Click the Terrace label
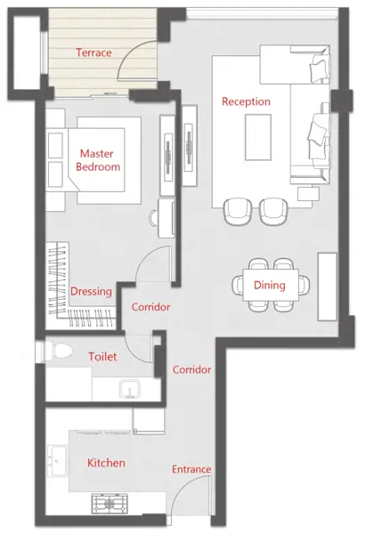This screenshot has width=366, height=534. (x=94, y=53)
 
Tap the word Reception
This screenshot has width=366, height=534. (x=246, y=101)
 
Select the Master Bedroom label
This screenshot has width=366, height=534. (x=98, y=160)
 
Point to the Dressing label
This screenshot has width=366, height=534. (x=91, y=292)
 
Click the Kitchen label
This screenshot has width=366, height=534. (x=106, y=463)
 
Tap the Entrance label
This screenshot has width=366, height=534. (x=191, y=469)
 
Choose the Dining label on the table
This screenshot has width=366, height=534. (x=270, y=285)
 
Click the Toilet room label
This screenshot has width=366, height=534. (x=102, y=357)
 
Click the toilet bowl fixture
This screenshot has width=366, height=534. (x=59, y=351)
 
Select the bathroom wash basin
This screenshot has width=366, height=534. (x=130, y=389)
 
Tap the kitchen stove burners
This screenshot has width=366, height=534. (x=110, y=504)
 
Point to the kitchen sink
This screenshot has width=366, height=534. (x=57, y=461)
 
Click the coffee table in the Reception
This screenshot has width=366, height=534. (x=258, y=137)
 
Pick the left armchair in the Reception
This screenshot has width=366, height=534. (x=238, y=212)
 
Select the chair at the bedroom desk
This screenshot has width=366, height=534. (x=154, y=218)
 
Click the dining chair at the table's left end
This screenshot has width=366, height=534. (x=238, y=285)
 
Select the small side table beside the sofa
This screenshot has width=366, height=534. (x=308, y=194)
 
